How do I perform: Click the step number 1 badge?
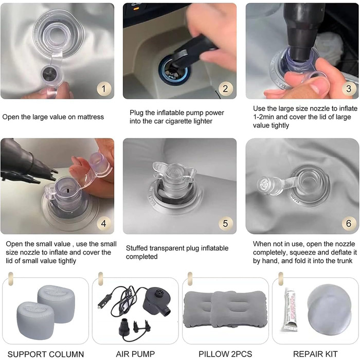[104, 89]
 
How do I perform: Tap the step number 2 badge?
[225, 89]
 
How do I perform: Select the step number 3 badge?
[349, 89]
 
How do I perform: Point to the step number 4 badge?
[104, 223]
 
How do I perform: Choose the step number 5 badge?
[225, 223]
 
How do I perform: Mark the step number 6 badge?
[349, 223]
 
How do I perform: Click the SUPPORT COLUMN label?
[46, 354]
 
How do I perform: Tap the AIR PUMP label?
[135, 354]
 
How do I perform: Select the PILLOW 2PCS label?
[225, 354]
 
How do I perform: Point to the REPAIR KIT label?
[315, 354]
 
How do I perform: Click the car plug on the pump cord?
[104, 301]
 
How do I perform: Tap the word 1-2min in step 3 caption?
[263, 117]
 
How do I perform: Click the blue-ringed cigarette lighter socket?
[174, 70]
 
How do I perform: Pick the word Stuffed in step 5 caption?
[137, 248]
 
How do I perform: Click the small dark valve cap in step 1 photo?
[50, 74]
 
